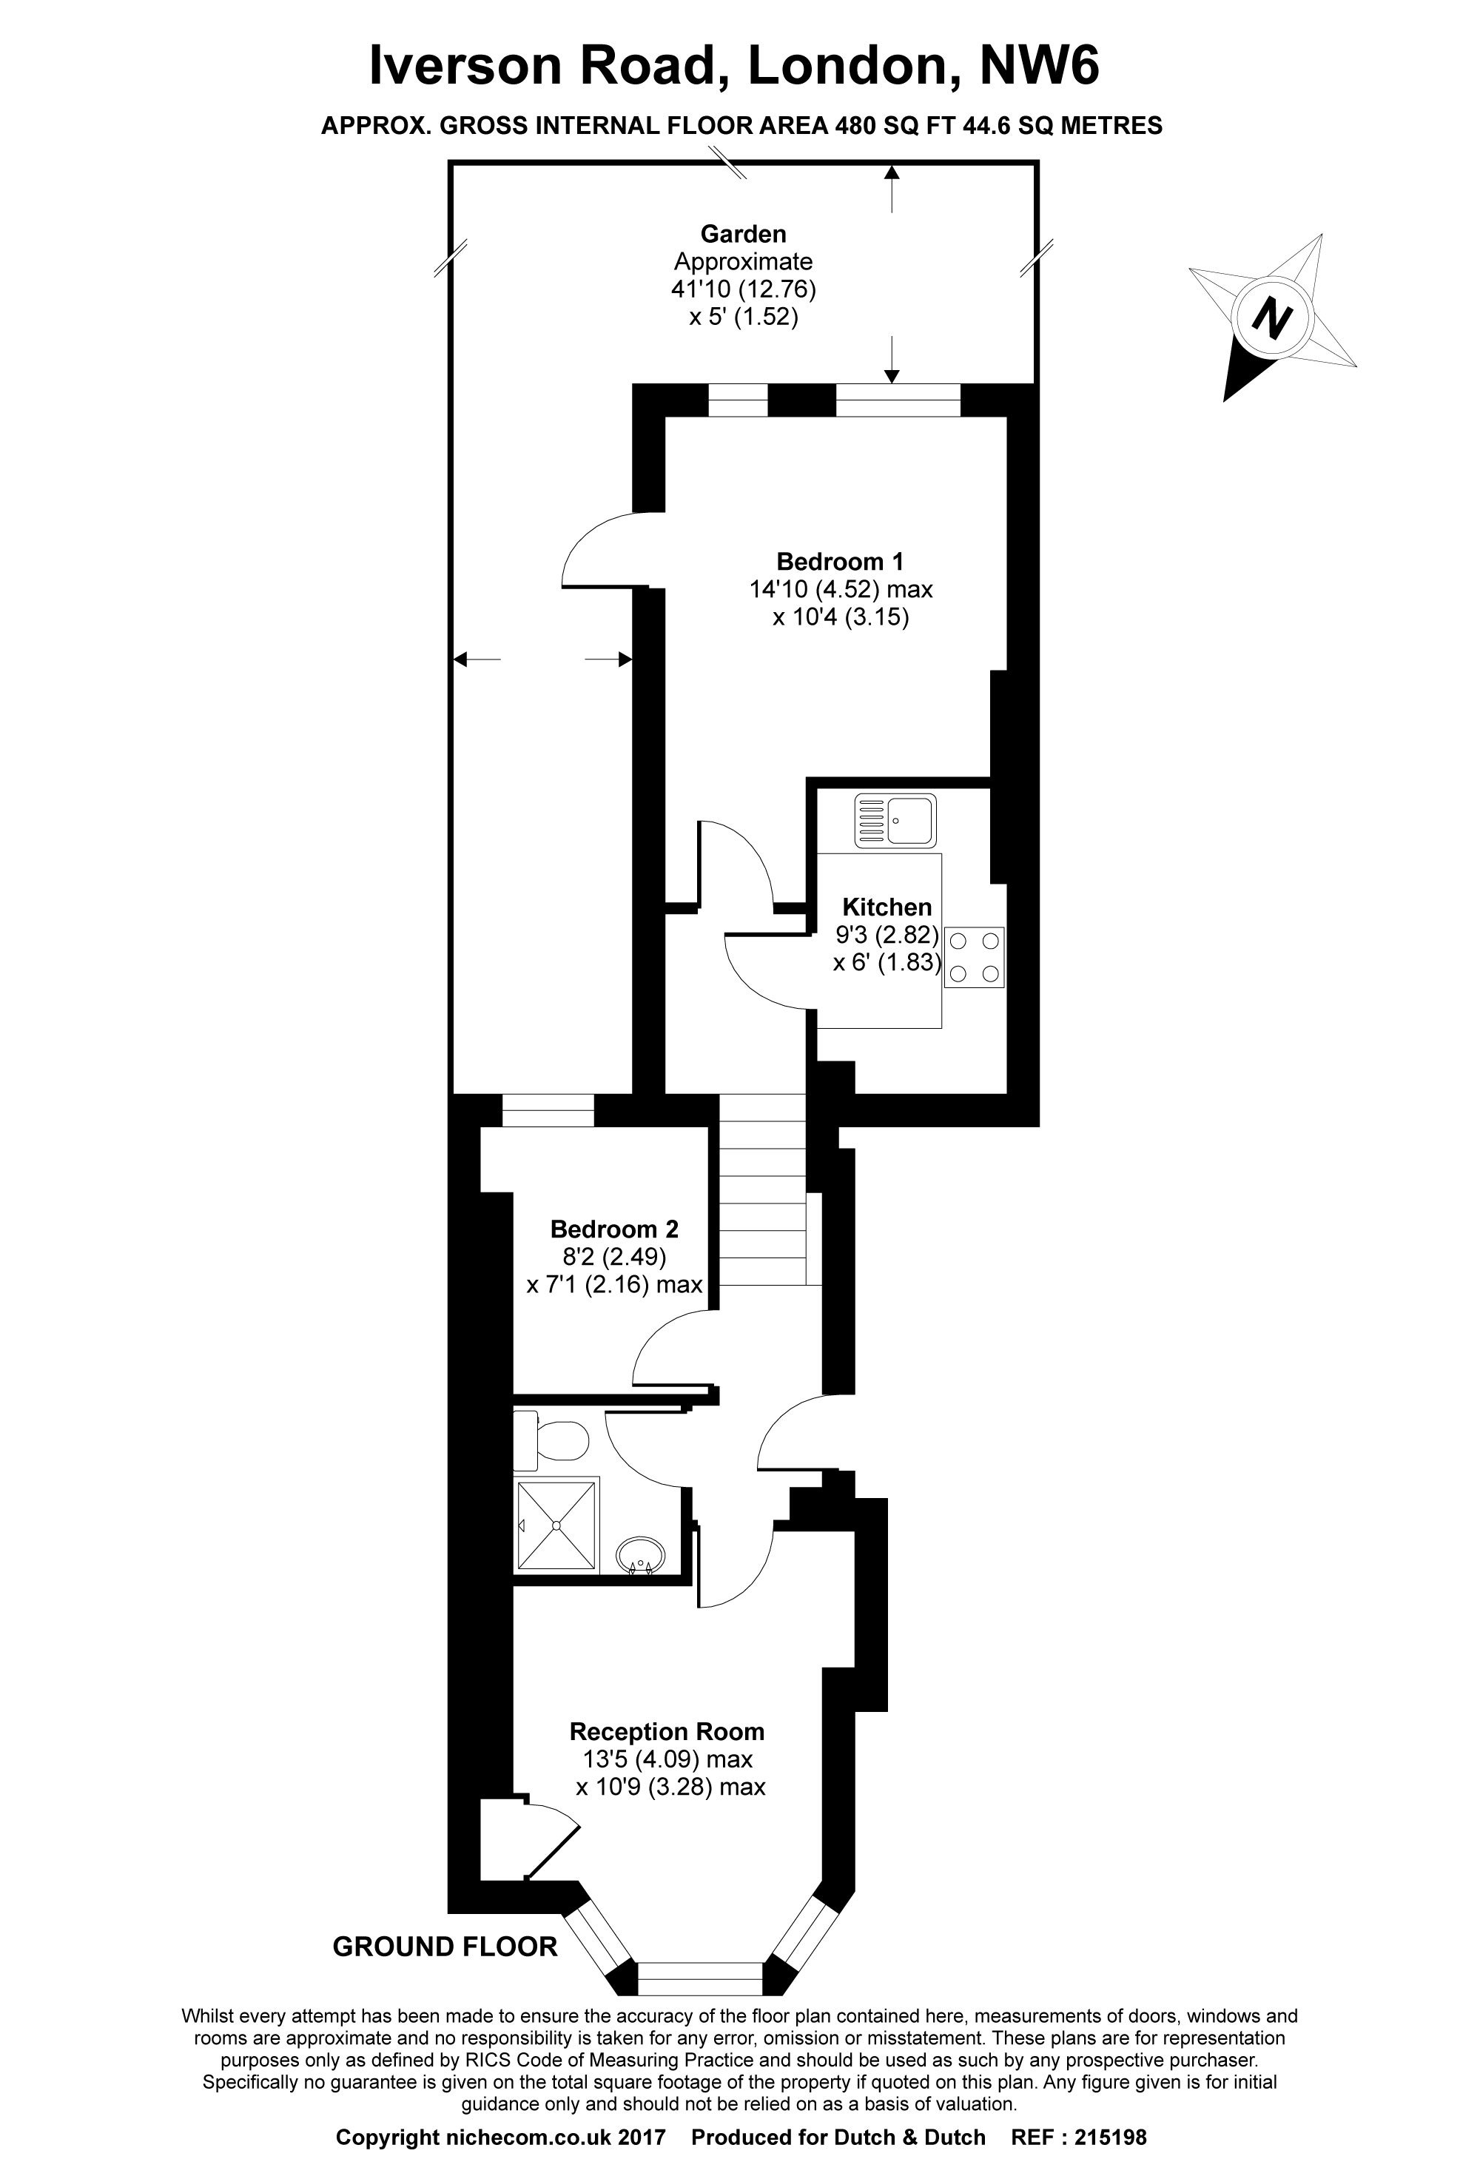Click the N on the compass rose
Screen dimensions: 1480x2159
[x=1272, y=317]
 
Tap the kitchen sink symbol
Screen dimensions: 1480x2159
[x=895, y=819]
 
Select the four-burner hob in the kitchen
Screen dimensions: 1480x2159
[x=975, y=956]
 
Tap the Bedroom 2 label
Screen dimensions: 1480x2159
[x=614, y=1229]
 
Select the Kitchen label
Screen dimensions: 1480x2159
[x=887, y=907]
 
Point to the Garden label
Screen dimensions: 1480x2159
[x=743, y=233]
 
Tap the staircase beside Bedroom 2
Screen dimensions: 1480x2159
[x=763, y=1190]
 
